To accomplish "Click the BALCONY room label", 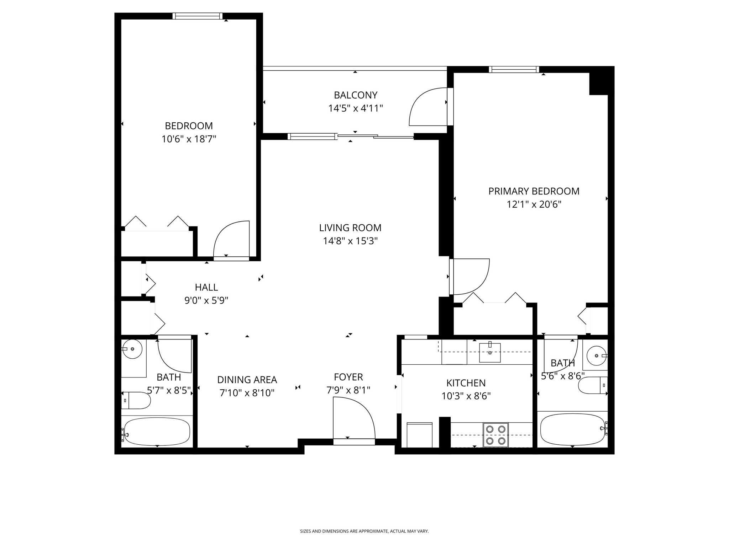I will pyautogui.click(x=355, y=95).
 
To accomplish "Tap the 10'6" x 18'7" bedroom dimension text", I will pyautogui.click(x=189, y=139).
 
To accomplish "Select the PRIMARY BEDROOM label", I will pyautogui.click(x=534, y=191).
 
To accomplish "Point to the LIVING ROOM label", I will pyautogui.click(x=350, y=228).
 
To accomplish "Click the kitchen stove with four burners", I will pyautogui.click(x=495, y=435).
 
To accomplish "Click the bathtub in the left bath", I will pyautogui.click(x=157, y=431).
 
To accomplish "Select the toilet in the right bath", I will pyautogui.click(x=592, y=385).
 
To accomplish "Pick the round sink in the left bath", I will pyautogui.click(x=132, y=349).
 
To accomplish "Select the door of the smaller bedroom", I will pyautogui.click(x=231, y=240).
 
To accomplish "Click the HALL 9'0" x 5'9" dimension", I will pyautogui.click(x=206, y=301).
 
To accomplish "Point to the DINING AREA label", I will pyautogui.click(x=247, y=380).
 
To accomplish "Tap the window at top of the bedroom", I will pyautogui.click(x=197, y=16).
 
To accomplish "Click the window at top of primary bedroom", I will pyautogui.click(x=514, y=70).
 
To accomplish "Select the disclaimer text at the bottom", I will pyautogui.click(x=364, y=531).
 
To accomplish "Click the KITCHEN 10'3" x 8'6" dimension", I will pyautogui.click(x=466, y=396).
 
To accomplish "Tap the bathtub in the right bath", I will pyautogui.click(x=572, y=429).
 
